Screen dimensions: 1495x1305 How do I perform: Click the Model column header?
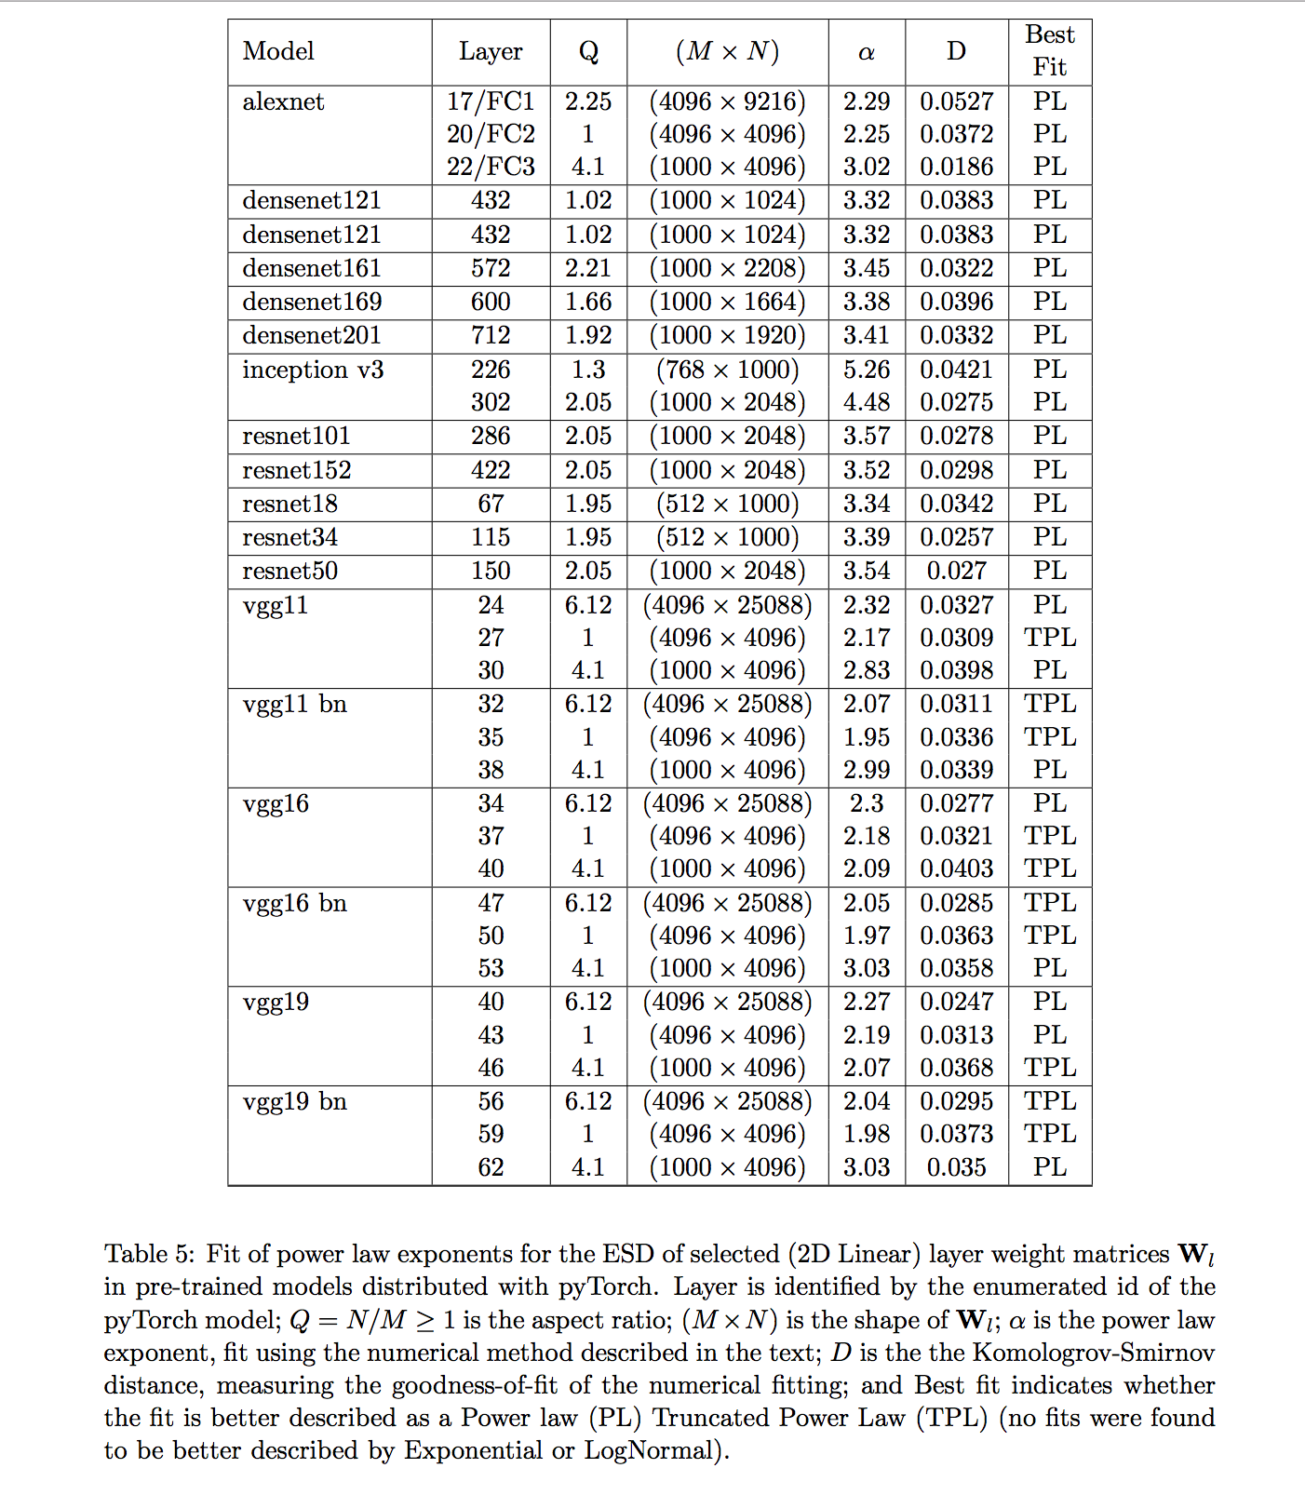click(278, 51)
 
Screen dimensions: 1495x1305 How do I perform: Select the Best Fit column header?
click(1049, 51)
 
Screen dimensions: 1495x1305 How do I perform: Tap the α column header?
click(866, 52)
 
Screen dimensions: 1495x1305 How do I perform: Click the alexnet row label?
click(283, 101)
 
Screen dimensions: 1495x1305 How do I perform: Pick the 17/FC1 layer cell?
click(491, 101)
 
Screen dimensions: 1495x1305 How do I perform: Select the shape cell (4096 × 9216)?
click(727, 101)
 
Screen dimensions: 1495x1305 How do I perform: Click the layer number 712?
click(491, 335)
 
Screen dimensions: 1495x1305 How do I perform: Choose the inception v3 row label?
click(313, 370)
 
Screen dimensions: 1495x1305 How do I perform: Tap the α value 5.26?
click(866, 370)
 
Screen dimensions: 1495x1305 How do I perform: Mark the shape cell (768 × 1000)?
click(727, 370)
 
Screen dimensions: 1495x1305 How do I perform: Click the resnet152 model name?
click(297, 470)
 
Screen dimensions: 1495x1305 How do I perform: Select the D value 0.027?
click(956, 571)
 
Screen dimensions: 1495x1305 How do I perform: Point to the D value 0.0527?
click(956, 101)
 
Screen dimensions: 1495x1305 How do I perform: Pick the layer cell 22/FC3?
click(491, 167)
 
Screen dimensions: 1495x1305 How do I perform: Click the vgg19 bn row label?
click(294, 1101)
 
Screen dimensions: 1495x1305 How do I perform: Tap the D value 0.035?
click(956, 1167)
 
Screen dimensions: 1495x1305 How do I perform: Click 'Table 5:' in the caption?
click(149, 1254)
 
